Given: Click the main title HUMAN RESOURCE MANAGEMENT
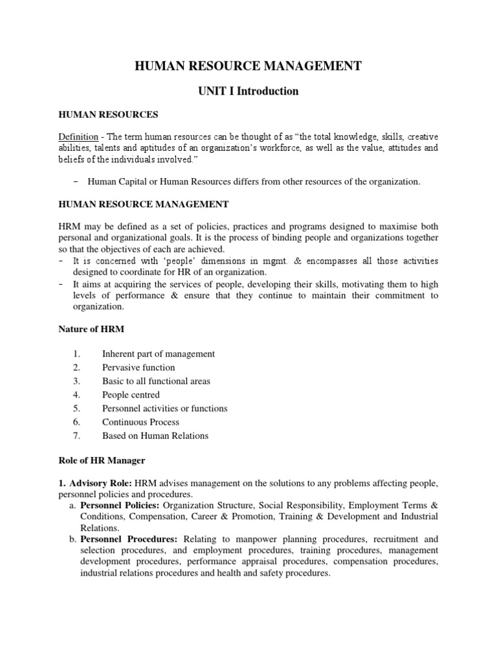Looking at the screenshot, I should [x=248, y=65].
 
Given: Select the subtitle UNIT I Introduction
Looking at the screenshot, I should [x=248, y=91].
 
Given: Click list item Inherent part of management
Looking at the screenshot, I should [x=159, y=354].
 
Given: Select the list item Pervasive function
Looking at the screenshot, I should [x=138, y=368].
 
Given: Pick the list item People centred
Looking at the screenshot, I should [x=131, y=395].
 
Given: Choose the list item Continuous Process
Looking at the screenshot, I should [x=140, y=422].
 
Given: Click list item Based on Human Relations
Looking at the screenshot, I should [x=155, y=436].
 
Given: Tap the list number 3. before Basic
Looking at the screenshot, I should [x=76, y=381].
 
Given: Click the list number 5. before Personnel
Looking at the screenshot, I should [x=76, y=409].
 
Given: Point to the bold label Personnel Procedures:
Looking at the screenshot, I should [x=129, y=539].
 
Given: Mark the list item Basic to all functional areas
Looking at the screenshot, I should [x=156, y=381].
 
